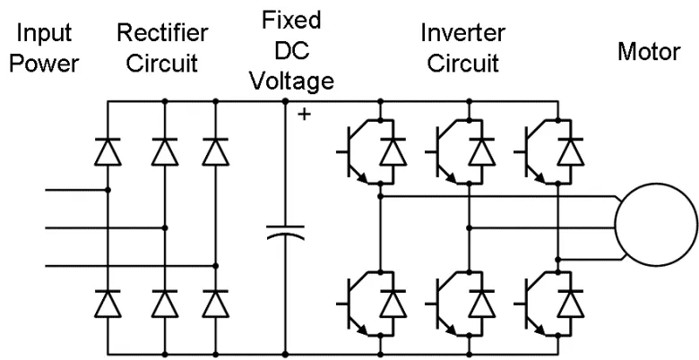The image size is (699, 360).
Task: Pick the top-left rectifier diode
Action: (x=108, y=151)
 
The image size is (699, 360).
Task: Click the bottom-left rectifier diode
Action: (x=108, y=304)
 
